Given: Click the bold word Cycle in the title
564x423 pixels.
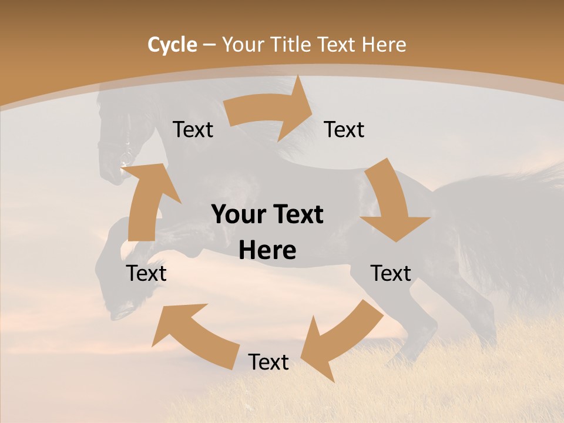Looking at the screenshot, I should click(172, 45).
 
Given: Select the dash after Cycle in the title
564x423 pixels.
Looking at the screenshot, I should click(209, 45).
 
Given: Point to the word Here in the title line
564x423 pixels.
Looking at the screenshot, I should click(384, 45).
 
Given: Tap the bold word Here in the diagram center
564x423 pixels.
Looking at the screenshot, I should click(267, 251).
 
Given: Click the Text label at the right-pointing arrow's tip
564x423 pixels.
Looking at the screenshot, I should click(344, 129).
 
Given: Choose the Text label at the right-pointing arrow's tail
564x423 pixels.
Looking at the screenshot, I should click(193, 129).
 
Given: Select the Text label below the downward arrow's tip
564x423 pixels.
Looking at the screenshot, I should click(391, 273).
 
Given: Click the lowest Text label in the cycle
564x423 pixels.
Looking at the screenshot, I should click(268, 362).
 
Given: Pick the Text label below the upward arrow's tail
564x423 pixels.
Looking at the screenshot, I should click(146, 273).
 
